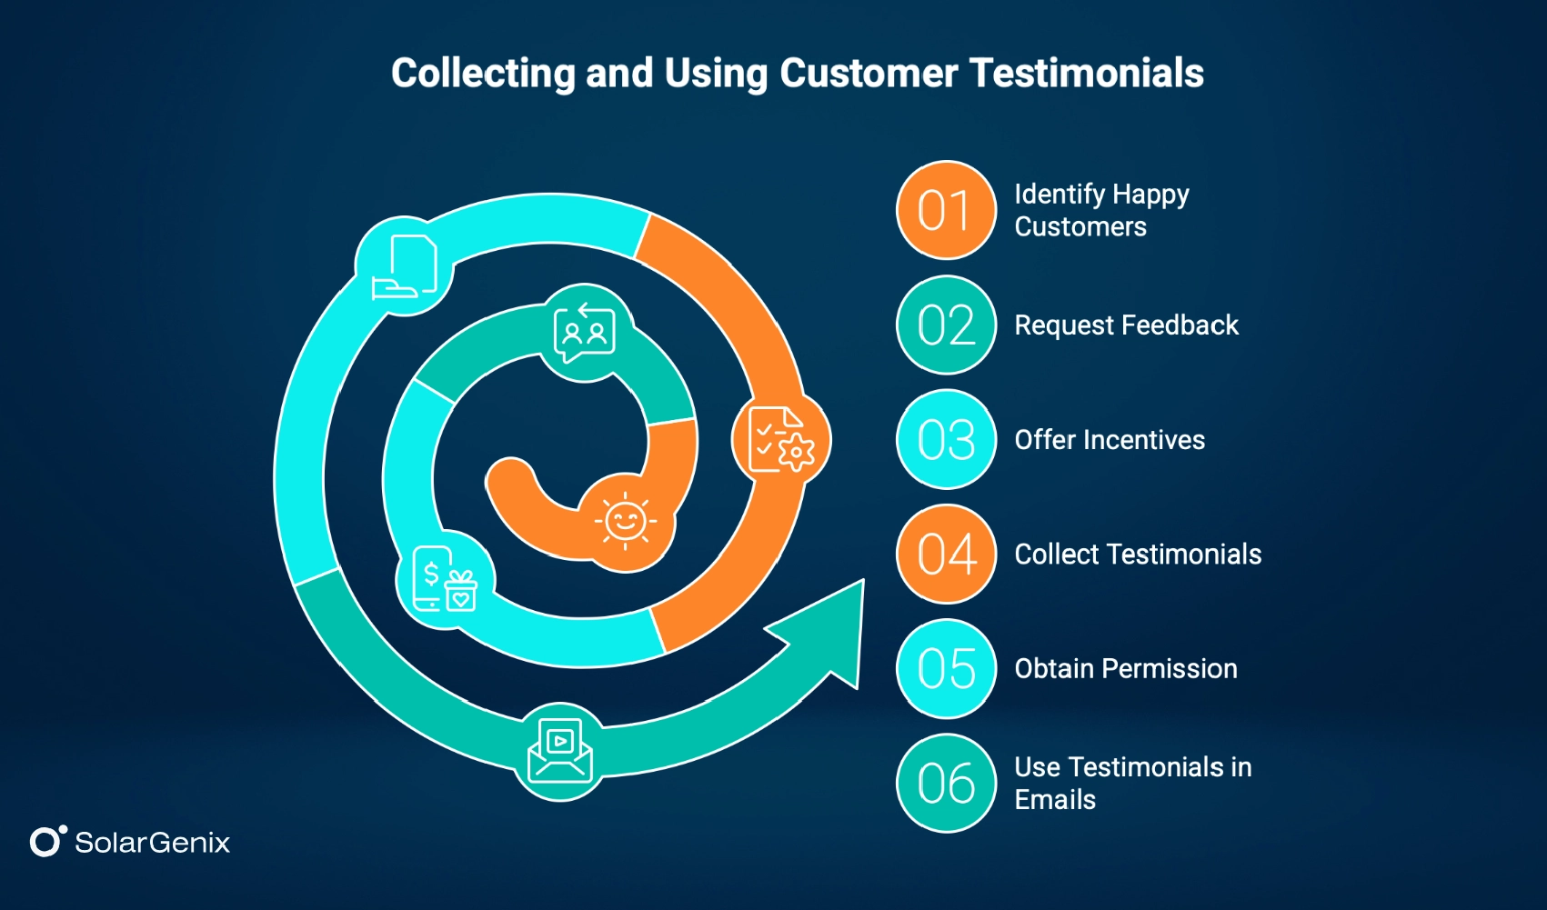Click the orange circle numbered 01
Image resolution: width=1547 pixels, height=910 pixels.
[x=946, y=211]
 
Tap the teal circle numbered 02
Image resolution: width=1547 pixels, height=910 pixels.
[x=946, y=325]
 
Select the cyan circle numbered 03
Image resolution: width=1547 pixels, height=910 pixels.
[x=946, y=440]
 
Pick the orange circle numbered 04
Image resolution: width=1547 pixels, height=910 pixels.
[x=946, y=555]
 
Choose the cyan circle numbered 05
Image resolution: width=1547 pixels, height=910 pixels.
[x=946, y=669]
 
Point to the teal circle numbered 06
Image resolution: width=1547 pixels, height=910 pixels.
[x=946, y=784]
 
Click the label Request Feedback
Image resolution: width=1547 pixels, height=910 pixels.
[x=1126, y=325]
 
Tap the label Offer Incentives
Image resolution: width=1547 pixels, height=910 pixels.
[x=1110, y=440]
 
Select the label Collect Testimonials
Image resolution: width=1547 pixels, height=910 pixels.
[x=1138, y=555]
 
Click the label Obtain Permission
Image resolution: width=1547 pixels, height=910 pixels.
[x=1126, y=669]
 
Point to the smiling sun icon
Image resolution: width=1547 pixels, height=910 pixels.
[x=626, y=522]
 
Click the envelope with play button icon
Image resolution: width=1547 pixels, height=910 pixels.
[x=560, y=751]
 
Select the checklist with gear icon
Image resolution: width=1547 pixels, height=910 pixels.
[x=781, y=440]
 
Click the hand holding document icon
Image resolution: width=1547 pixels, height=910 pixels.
[x=406, y=267]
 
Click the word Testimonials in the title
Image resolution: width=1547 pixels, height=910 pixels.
[x=1086, y=73]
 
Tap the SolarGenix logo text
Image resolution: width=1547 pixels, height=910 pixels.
[x=152, y=843]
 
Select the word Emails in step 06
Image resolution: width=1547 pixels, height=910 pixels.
[x=1055, y=800]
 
